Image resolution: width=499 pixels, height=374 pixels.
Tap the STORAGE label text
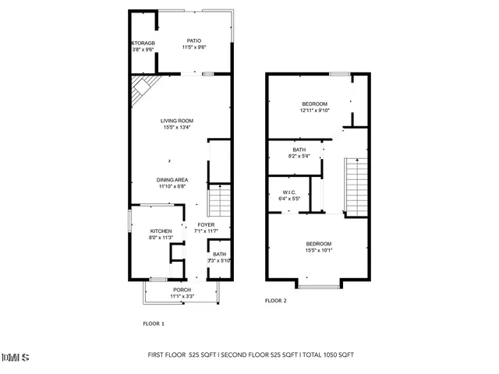[x=143, y=42]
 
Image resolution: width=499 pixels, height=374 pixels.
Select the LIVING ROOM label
[x=177, y=121]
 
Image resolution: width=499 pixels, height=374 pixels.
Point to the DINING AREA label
[x=172, y=179]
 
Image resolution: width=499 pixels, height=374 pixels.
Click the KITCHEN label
[x=161, y=231]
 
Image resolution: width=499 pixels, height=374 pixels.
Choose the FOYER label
[x=206, y=224]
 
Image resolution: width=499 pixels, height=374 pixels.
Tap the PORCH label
[x=182, y=290]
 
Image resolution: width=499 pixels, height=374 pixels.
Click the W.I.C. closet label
[x=289, y=192]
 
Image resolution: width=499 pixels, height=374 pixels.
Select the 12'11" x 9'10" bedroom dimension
[x=315, y=111]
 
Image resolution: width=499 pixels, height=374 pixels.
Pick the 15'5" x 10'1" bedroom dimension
[x=318, y=251]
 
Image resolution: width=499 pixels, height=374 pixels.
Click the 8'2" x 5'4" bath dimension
[x=299, y=157]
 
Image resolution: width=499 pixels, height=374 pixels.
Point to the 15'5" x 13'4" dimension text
[x=177, y=128]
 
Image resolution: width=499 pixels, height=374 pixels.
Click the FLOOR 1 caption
[x=153, y=323]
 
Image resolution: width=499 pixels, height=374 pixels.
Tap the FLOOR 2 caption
[x=275, y=301]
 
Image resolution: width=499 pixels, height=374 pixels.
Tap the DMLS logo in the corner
[x=16, y=358]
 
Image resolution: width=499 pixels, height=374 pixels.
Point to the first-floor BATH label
[x=219, y=254]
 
